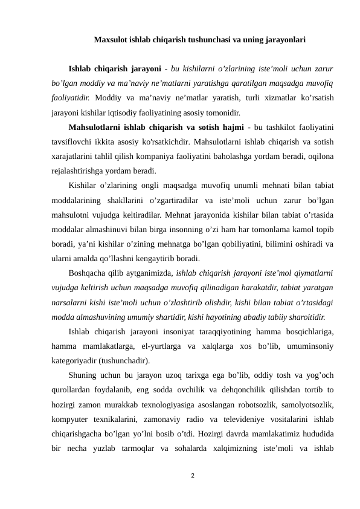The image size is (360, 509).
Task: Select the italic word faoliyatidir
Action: coord(71,97)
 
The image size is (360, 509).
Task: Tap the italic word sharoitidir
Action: coord(304,317)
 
